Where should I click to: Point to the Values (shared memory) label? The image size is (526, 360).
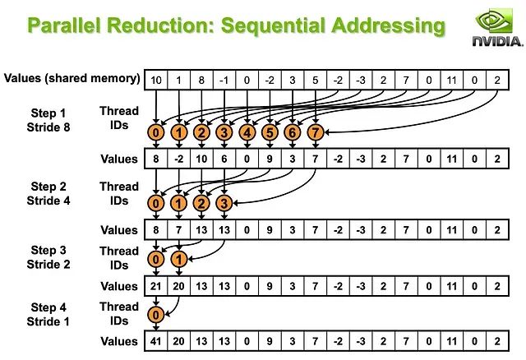72,78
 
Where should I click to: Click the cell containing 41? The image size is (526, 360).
156,341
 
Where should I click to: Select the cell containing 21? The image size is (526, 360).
156,286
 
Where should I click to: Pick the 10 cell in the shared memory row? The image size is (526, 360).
156,79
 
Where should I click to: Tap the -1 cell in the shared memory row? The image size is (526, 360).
224,79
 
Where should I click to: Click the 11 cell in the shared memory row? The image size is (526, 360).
451,79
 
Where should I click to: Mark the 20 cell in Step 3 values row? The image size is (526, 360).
178,286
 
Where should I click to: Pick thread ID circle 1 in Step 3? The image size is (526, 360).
178,259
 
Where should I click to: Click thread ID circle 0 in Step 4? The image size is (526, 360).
156,314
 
